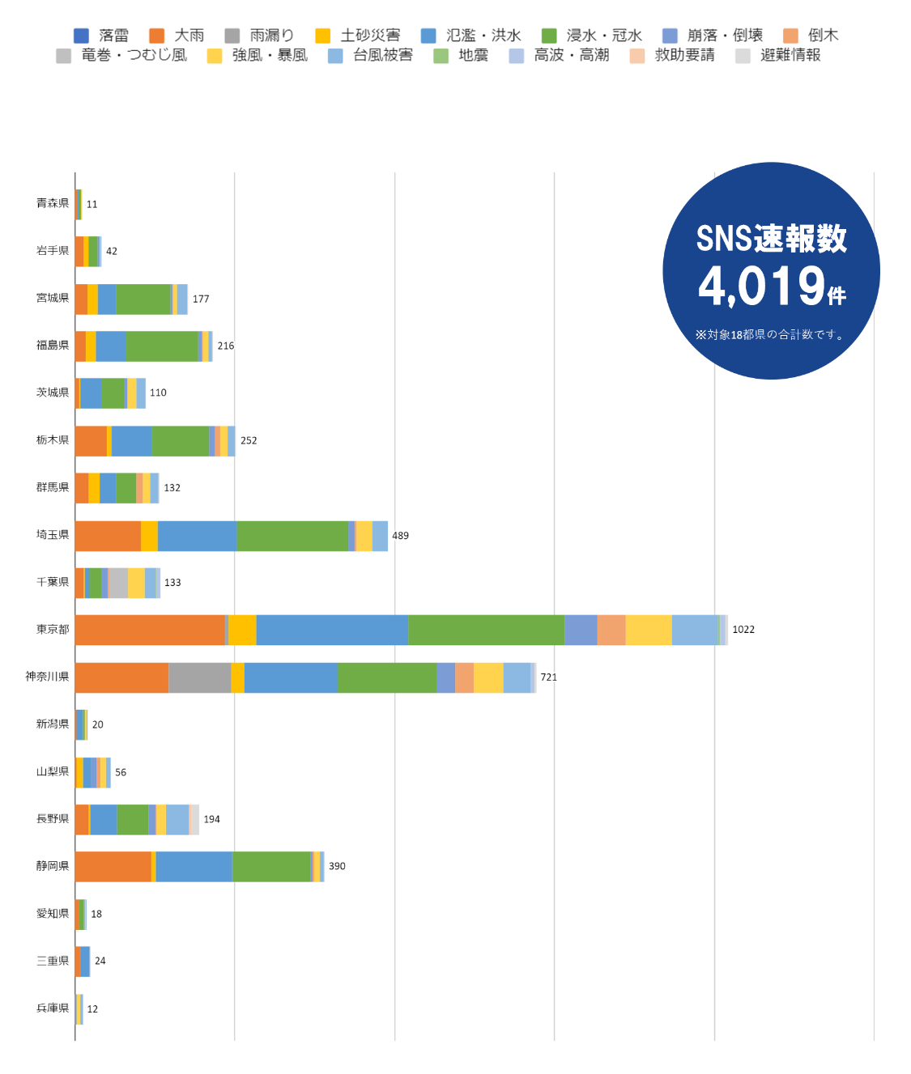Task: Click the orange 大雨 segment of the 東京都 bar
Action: [150, 630]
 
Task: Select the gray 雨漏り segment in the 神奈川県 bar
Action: [199, 677]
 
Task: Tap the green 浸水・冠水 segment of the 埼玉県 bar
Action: [292, 536]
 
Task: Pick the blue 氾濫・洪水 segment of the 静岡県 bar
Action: [194, 867]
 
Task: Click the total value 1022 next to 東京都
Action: [743, 630]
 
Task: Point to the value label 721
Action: [549, 677]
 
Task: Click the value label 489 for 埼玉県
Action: [401, 536]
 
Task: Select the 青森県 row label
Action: [53, 203]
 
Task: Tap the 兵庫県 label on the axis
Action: [53, 1008]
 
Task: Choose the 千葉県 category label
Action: [53, 582]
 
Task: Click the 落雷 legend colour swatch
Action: [81, 36]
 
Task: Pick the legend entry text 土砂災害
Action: [370, 36]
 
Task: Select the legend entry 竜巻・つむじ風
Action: [134, 55]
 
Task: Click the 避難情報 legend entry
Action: [790, 55]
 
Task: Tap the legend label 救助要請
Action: [684, 55]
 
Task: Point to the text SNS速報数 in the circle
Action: [771, 239]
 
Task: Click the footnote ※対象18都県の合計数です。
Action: [770, 334]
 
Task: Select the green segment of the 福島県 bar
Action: [162, 346]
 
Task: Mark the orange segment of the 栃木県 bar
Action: [91, 441]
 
